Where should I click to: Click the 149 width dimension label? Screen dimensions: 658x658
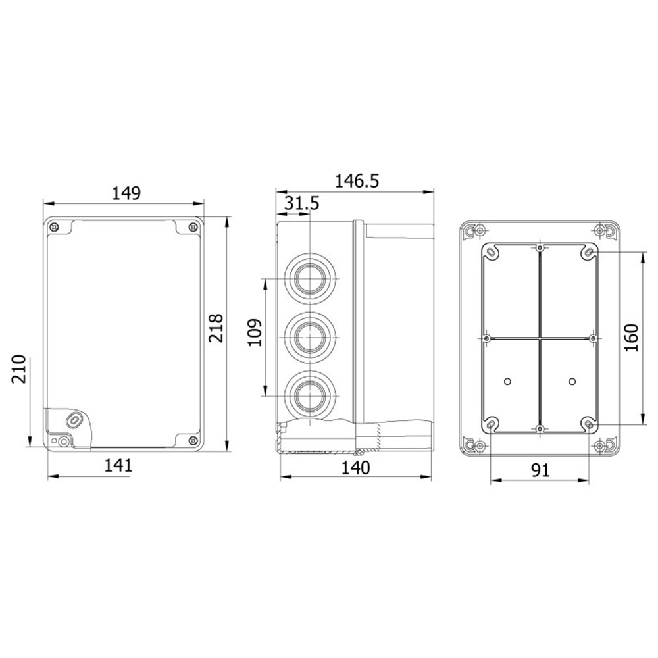126,193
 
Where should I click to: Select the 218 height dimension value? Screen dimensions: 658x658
216,328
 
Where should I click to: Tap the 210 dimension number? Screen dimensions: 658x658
19,369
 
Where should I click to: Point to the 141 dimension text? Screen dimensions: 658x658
118,465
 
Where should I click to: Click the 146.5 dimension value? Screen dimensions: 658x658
357,181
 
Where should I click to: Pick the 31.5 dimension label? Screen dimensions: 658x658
302,203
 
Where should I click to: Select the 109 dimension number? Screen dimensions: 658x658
254,333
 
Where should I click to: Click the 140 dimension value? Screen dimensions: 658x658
355,467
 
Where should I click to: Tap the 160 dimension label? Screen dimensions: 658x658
632,338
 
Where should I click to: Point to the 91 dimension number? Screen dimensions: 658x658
540,470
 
